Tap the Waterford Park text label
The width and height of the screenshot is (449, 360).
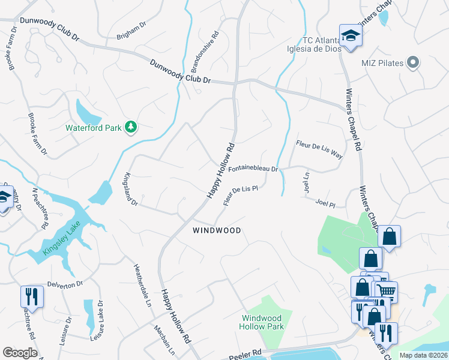point(94,128)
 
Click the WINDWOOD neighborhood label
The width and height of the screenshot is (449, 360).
point(217,230)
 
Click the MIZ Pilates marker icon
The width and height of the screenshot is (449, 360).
point(412,62)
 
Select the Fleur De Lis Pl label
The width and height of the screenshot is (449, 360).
point(240,196)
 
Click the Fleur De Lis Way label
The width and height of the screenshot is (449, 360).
point(319,149)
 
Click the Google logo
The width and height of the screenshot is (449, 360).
point(20,353)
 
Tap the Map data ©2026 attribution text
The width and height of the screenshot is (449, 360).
point(423,355)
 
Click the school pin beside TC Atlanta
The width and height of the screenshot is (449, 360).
point(350,35)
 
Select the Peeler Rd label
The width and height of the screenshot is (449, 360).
point(245,354)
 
